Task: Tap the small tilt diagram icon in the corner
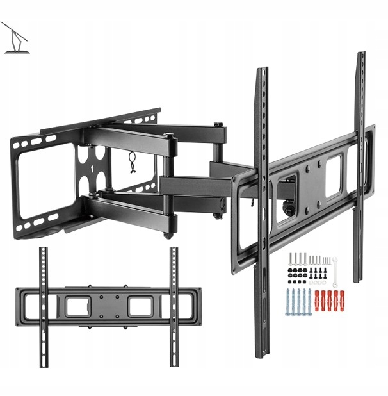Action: [14, 38]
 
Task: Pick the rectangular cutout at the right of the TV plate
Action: [333, 176]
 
